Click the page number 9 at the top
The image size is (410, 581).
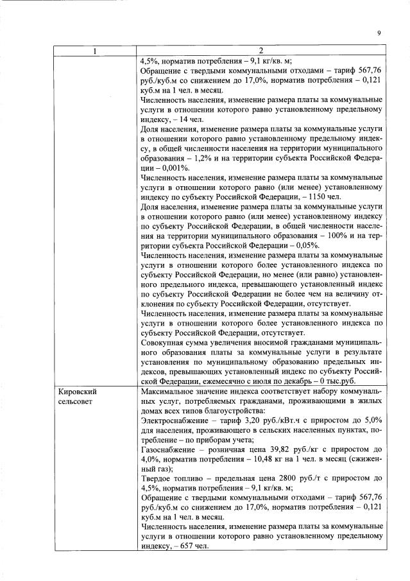point(379,33)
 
